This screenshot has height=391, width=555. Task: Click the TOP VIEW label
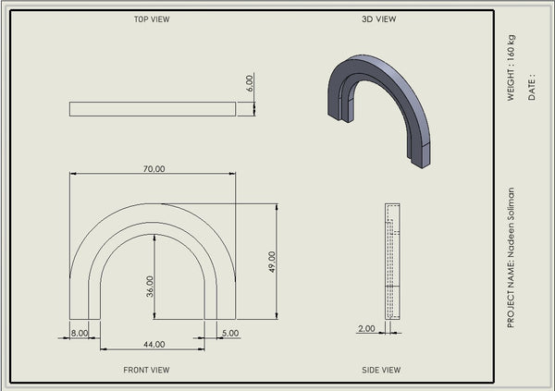tap(152, 19)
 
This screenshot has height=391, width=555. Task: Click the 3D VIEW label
tap(378, 19)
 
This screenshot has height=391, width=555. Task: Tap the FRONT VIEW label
tap(146, 370)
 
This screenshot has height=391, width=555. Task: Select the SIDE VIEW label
tap(381, 370)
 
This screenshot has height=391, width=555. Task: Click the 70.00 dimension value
tap(154, 169)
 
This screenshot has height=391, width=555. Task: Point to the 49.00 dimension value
tap(272, 262)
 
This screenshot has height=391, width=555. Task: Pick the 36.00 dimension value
tap(150, 287)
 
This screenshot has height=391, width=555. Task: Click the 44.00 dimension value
tap(154, 344)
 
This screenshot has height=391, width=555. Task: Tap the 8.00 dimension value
tap(80, 333)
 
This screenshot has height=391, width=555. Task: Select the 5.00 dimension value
tap(230, 333)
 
